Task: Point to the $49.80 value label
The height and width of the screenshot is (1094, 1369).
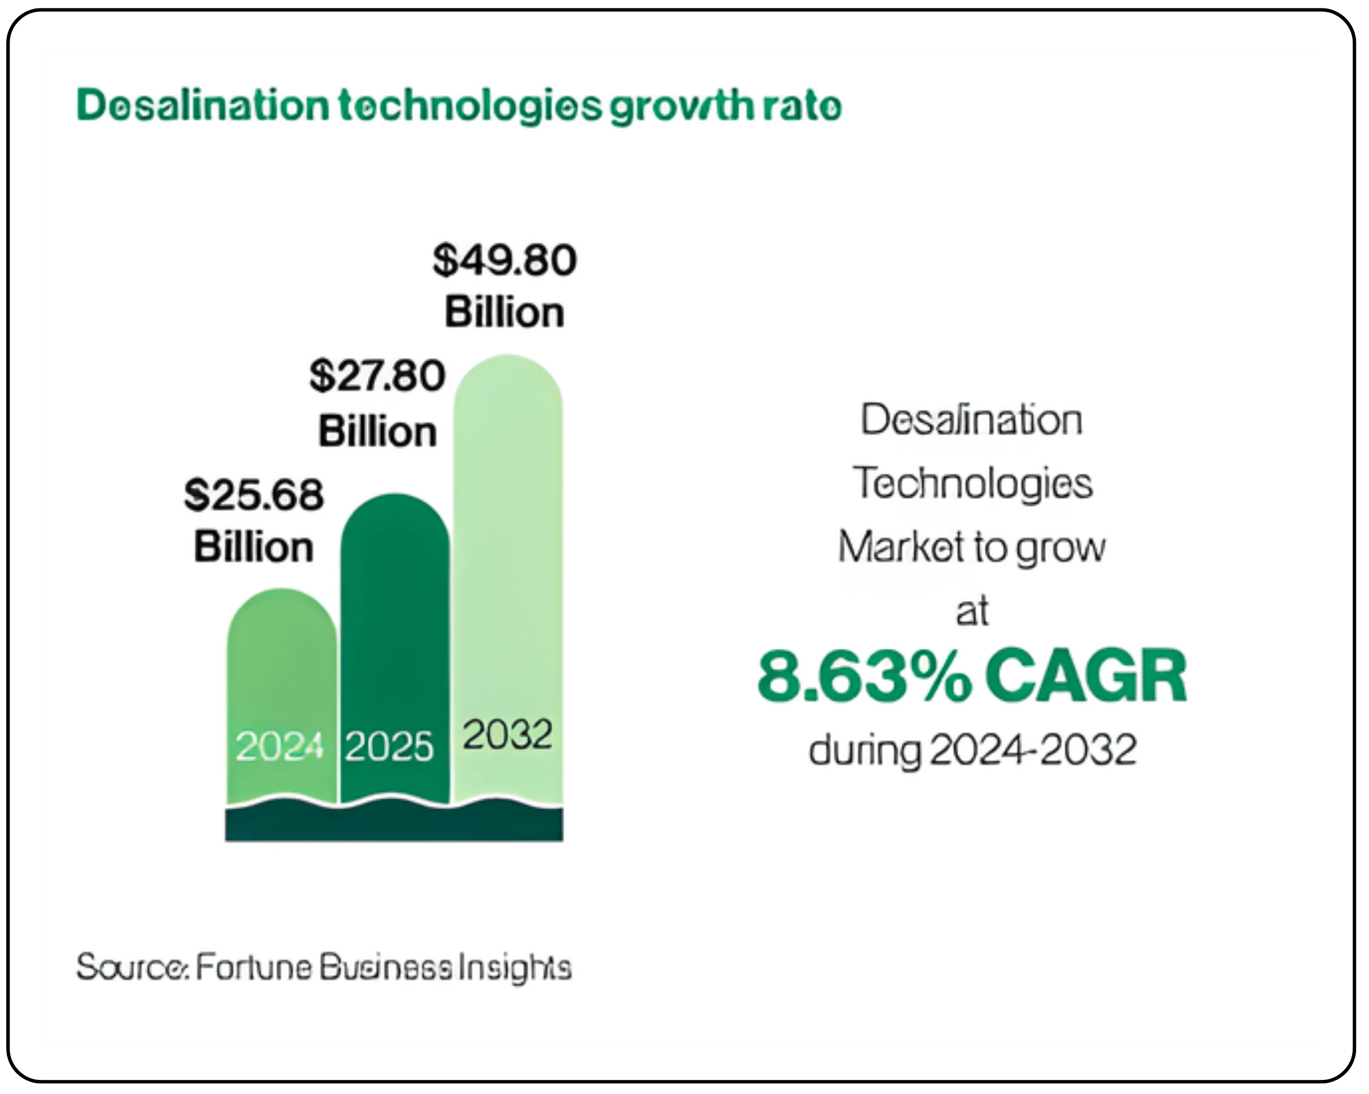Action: tap(505, 260)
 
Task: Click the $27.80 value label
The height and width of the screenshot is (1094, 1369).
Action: tap(378, 376)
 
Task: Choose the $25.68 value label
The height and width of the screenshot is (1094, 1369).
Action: tap(254, 495)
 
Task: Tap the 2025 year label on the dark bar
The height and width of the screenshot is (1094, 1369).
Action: tap(389, 747)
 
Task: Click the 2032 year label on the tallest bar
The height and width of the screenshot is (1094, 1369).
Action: tap(507, 735)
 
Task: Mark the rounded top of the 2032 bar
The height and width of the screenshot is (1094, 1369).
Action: tap(508, 371)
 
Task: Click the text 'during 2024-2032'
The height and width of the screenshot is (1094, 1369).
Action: tap(972, 750)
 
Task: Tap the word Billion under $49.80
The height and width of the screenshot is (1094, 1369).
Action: tap(505, 313)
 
